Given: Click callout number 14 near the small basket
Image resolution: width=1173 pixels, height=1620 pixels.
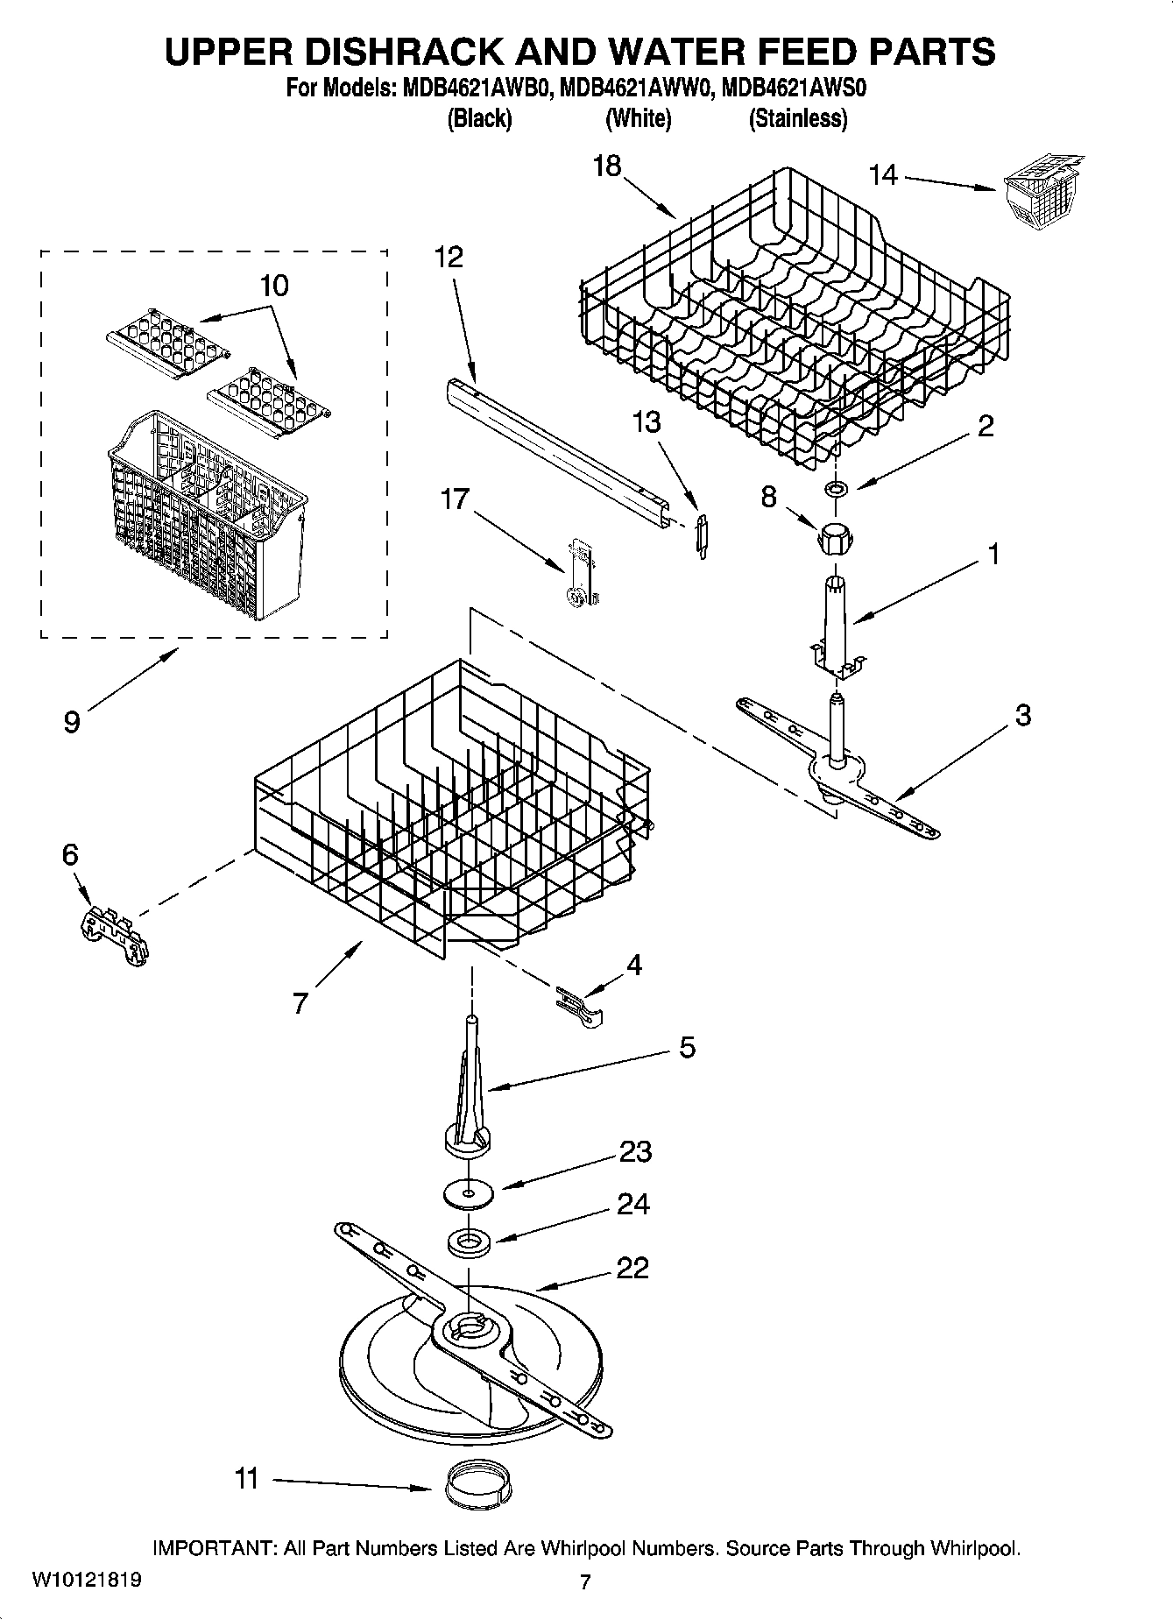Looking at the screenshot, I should point(883,175).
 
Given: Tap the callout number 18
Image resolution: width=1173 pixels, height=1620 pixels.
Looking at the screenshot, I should point(606,166).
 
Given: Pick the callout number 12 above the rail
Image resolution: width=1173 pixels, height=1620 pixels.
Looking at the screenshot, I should point(449,257).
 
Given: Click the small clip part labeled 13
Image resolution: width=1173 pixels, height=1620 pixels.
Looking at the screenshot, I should point(702,535).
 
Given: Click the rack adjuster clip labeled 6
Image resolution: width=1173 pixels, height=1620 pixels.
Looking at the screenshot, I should point(113,937).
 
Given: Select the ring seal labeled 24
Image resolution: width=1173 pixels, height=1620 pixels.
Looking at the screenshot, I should point(470,1241).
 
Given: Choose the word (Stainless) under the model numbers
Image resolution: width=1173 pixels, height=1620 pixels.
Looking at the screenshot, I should point(797,118).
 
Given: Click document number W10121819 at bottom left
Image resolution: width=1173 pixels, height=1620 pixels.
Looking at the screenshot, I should point(86,1580).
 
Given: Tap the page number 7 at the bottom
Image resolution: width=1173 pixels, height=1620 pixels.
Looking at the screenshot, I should point(585,1581).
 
